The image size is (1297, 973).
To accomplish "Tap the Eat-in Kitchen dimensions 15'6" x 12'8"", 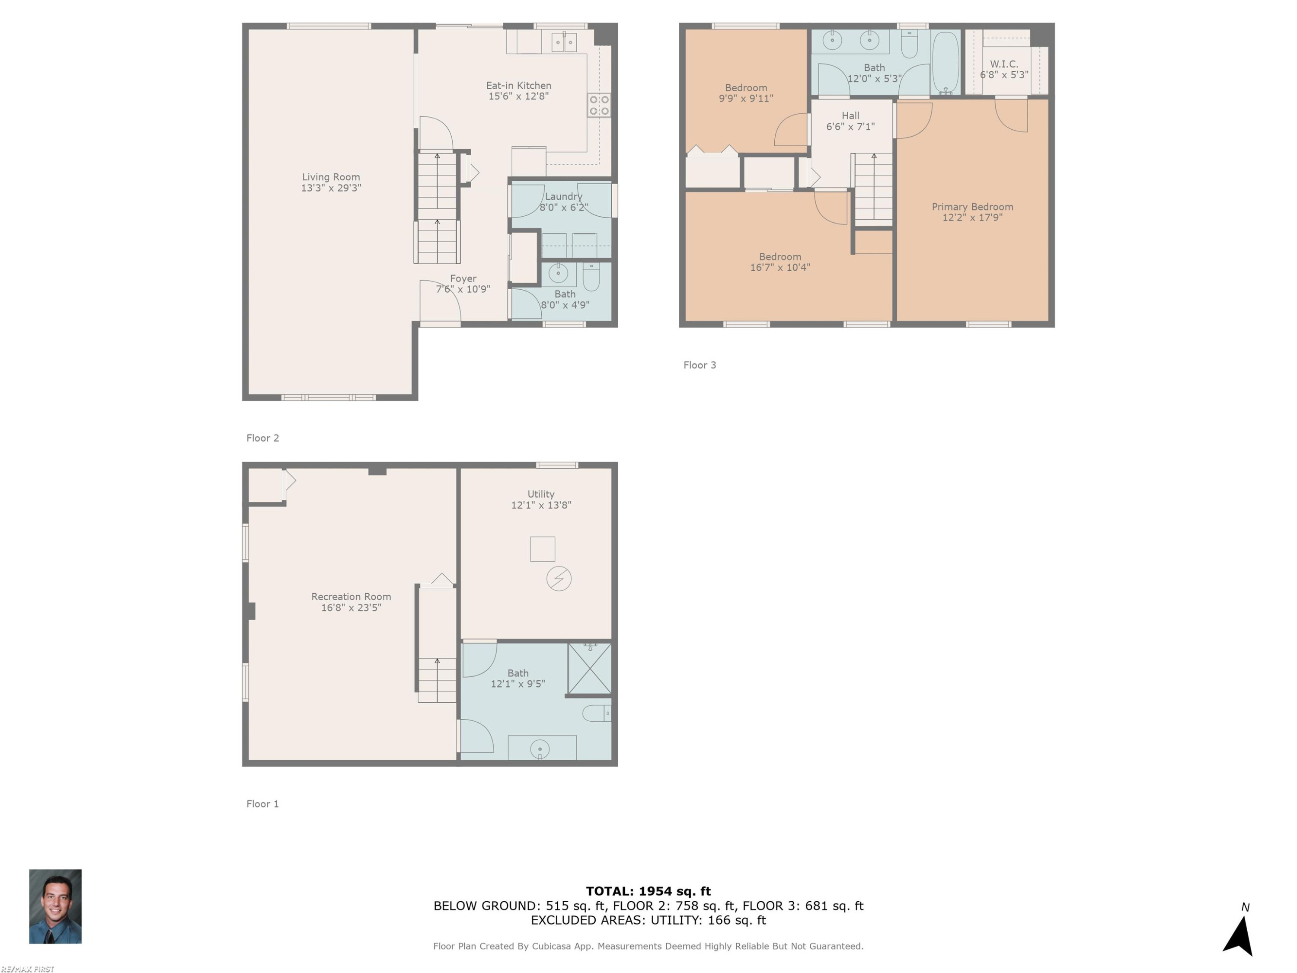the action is (518, 96).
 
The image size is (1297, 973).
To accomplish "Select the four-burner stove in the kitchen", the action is (599, 105).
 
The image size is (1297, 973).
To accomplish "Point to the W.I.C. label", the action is (1004, 64).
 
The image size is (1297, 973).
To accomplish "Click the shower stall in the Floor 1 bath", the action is (589, 669).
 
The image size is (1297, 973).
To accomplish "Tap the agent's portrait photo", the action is (55, 906).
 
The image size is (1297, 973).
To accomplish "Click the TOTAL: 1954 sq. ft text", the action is (648, 891).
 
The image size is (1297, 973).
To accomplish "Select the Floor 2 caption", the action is (263, 438).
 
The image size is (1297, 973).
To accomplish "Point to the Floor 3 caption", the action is (700, 365).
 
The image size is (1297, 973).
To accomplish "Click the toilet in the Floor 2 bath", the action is (591, 276).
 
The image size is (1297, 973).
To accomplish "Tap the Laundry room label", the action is (563, 196).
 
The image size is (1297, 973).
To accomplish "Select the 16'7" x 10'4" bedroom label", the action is (780, 267).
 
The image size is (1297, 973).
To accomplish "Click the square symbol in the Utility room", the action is (543, 549).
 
